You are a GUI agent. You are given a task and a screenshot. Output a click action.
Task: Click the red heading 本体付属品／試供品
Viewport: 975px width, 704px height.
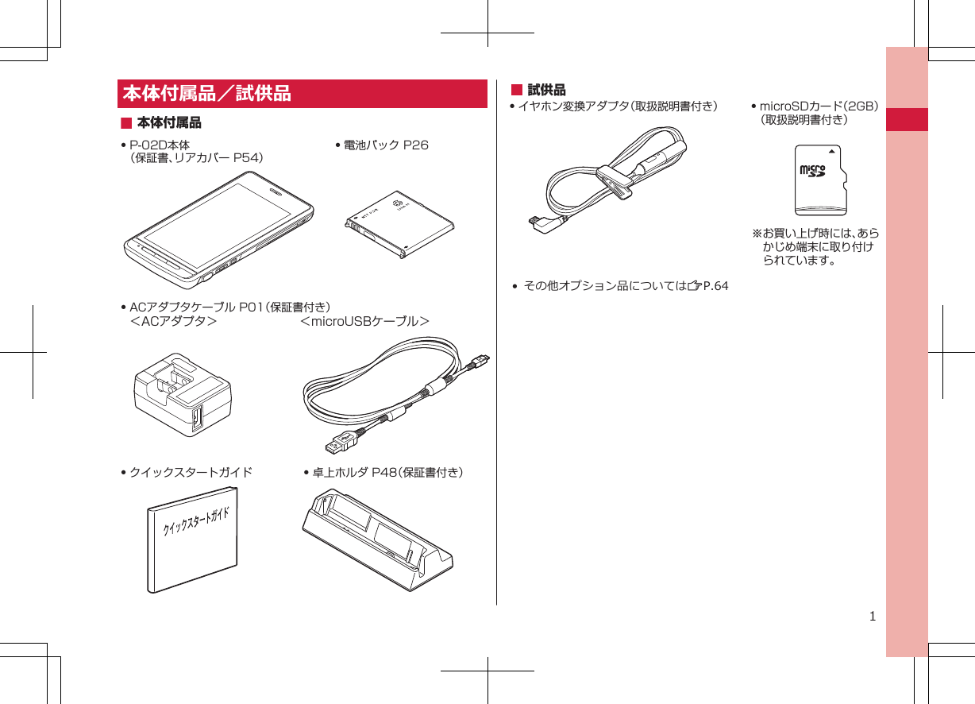click(206, 94)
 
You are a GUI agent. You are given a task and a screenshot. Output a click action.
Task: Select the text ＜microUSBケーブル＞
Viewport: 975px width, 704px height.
click(365, 321)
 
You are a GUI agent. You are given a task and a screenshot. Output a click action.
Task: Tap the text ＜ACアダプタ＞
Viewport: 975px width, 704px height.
click(173, 321)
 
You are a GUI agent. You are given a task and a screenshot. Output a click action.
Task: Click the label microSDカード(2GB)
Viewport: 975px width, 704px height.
click(818, 106)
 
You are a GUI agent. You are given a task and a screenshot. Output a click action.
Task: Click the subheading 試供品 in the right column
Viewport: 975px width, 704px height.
click(546, 90)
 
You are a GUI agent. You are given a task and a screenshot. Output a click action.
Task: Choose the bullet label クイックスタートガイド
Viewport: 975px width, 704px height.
click(191, 473)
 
